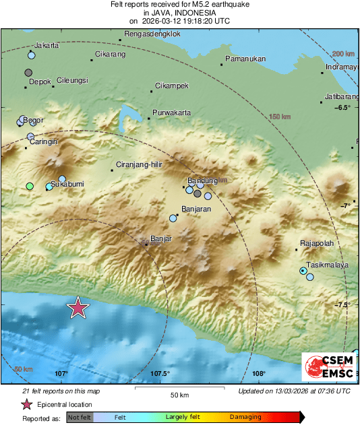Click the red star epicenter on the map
click(78, 307)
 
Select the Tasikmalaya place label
click(327, 265)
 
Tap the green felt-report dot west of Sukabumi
click(29, 186)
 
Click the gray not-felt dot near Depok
click(28, 72)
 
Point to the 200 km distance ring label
click(343, 53)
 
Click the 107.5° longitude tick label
click(160, 374)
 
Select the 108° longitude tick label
click(259, 374)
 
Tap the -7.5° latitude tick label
click(343, 304)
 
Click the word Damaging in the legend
click(245, 418)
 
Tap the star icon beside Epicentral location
click(26, 404)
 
